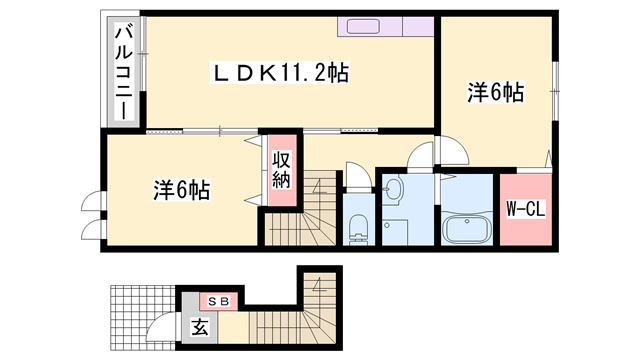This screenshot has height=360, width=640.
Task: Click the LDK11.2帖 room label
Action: pyautogui.click(x=279, y=73)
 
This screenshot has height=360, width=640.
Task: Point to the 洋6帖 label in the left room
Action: pyautogui.click(x=181, y=189)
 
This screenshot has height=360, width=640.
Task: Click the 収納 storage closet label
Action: pyautogui.click(x=280, y=171)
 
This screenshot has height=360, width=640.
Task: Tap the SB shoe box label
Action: pyautogui.click(x=219, y=300)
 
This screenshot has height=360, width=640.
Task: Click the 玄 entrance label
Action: pyautogui.click(x=199, y=326)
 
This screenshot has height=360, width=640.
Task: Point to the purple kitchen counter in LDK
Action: pyautogui.click(x=386, y=26)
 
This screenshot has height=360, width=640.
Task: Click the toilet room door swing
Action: pyautogui.click(x=356, y=172)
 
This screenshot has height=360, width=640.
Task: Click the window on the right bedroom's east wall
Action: pyautogui.click(x=553, y=77)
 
